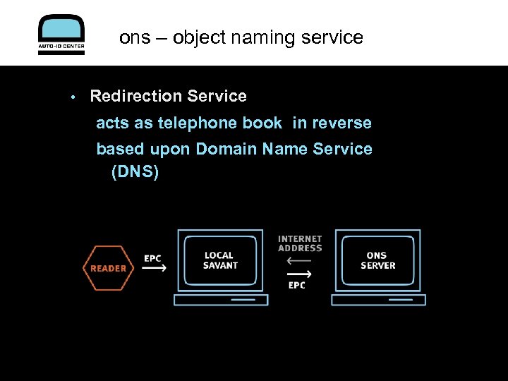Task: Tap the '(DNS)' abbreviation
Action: coord(135,171)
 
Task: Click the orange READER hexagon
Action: coord(108,268)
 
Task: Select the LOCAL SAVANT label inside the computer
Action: coord(220,260)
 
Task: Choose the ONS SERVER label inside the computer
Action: coord(378,260)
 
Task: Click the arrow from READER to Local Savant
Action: coord(154,269)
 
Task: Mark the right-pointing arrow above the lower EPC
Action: coord(300,274)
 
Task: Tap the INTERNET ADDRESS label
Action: coord(300,243)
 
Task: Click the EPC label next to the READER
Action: coord(153,258)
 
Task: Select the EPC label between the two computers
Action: coord(297,285)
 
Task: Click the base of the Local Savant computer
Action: coord(221,300)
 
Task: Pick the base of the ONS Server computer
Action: coord(378,300)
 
